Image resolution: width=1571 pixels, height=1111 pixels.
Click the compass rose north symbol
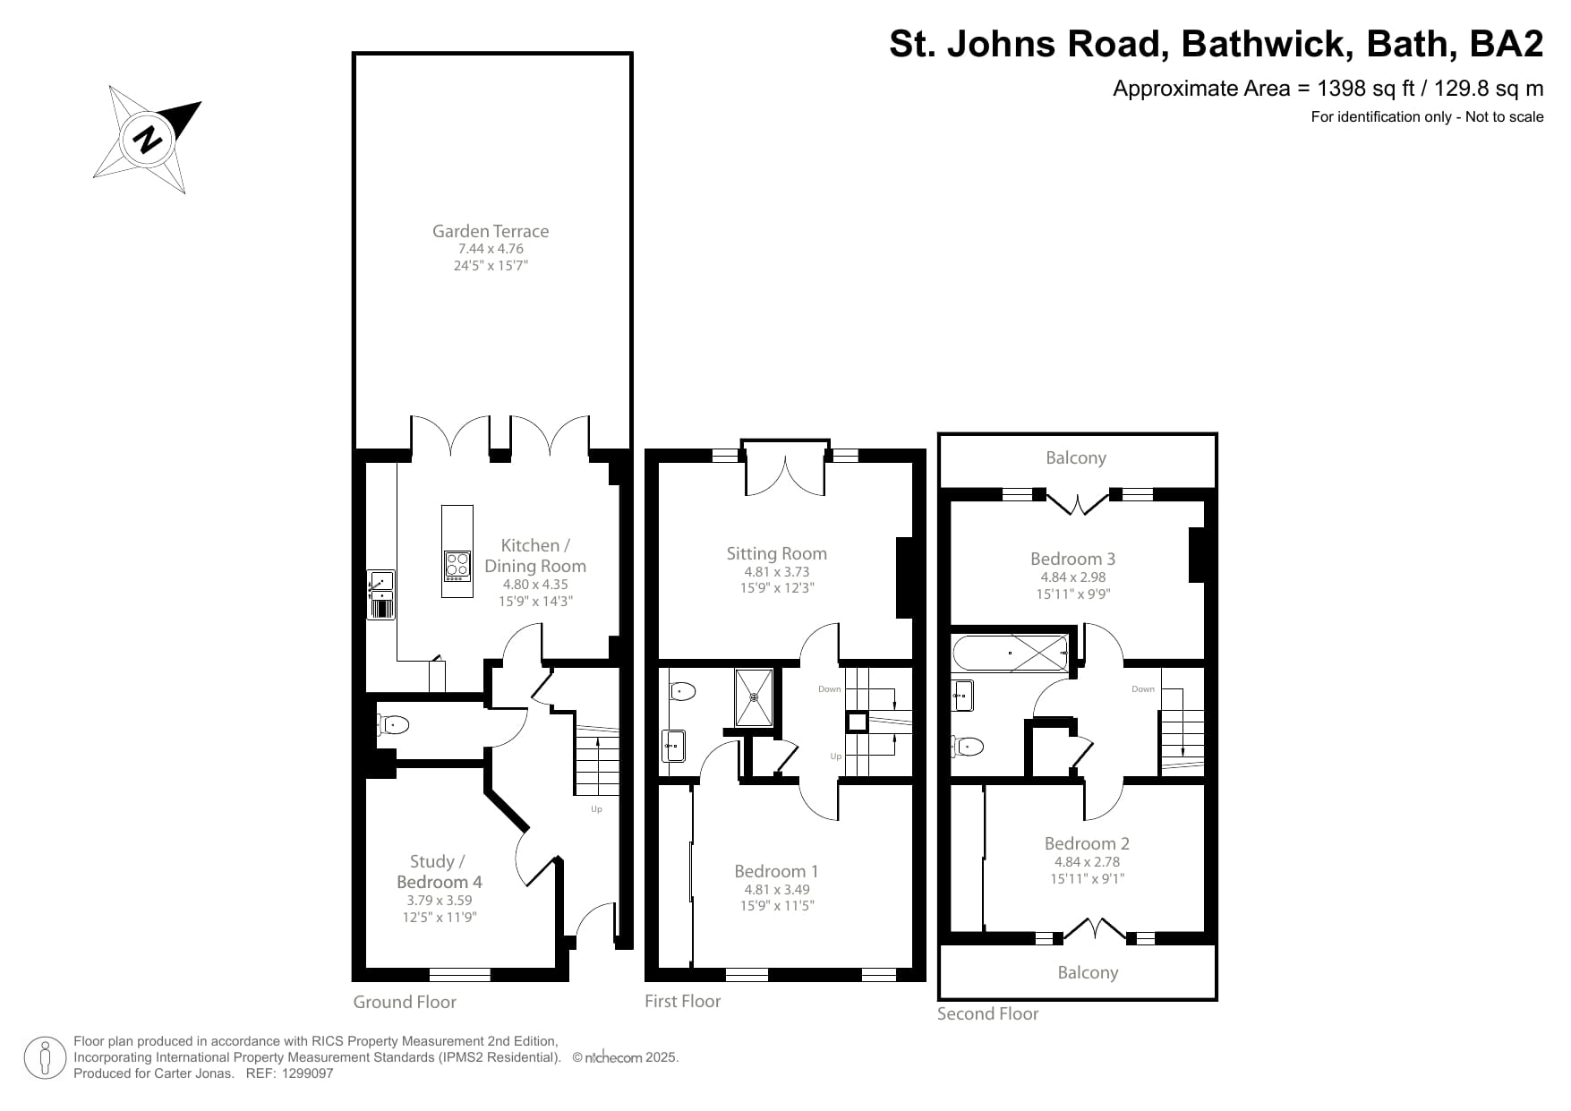149,139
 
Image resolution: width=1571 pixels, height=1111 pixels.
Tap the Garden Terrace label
491,231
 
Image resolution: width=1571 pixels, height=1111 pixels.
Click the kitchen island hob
457,564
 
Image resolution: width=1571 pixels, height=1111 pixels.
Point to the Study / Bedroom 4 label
439,871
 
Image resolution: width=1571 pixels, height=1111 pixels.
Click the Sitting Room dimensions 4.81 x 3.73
776,572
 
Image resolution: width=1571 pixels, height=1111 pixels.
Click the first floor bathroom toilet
682,690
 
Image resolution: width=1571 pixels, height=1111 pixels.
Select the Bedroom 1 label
776,871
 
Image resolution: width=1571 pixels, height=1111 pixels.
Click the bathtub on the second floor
1011,653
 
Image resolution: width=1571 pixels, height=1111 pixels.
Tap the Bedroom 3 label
1072,559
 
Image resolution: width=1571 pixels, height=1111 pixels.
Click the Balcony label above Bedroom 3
1076,457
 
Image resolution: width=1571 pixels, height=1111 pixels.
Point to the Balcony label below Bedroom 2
1088,972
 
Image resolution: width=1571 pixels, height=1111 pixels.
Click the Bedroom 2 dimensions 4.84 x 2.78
1087,862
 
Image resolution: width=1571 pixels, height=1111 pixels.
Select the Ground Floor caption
405,1002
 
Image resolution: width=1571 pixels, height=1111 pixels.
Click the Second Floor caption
987,1013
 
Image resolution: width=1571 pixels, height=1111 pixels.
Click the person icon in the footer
45,1057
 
